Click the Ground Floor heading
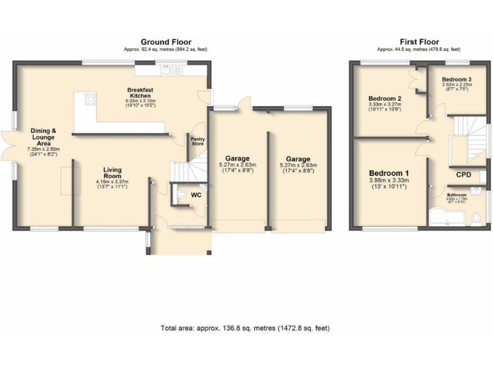pos(166,42)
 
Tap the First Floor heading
pos(419,42)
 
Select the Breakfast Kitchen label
pos(139,92)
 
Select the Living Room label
pos(113,173)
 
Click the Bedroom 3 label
pos(457,79)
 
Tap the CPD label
pos(464,174)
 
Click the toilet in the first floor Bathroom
pos(475,220)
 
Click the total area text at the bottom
pos(245,328)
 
